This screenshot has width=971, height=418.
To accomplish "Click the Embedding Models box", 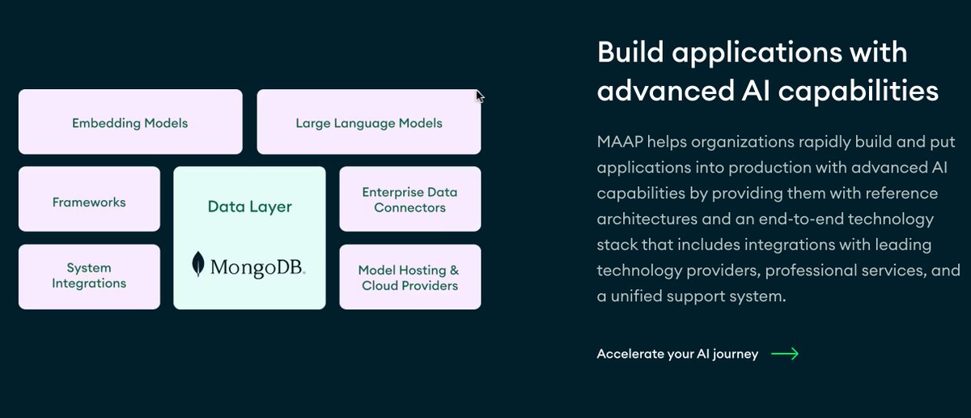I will (x=129, y=122).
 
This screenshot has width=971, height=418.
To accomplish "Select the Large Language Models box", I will (x=369, y=122).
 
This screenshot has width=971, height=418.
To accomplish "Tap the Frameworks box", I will (x=89, y=201).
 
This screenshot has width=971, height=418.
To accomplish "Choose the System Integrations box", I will (x=89, y=275).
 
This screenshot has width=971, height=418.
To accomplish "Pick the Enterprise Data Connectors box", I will (x=409, y=199).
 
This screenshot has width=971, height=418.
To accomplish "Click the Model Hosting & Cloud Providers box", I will (x=409, y=277).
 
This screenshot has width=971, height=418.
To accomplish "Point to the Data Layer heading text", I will (x=249, y=207).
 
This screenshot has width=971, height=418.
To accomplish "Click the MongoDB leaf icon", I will (x=197, y=264).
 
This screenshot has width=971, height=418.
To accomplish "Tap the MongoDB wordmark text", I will (x=257, y=266).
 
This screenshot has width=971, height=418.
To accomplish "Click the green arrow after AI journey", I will (x=784, y=353).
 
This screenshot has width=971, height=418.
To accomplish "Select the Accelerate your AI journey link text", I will (x=677, y=353).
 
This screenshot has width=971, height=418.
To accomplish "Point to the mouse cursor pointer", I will (x=479, y=96).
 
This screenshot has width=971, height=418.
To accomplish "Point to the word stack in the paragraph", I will (x=615, y=245).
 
